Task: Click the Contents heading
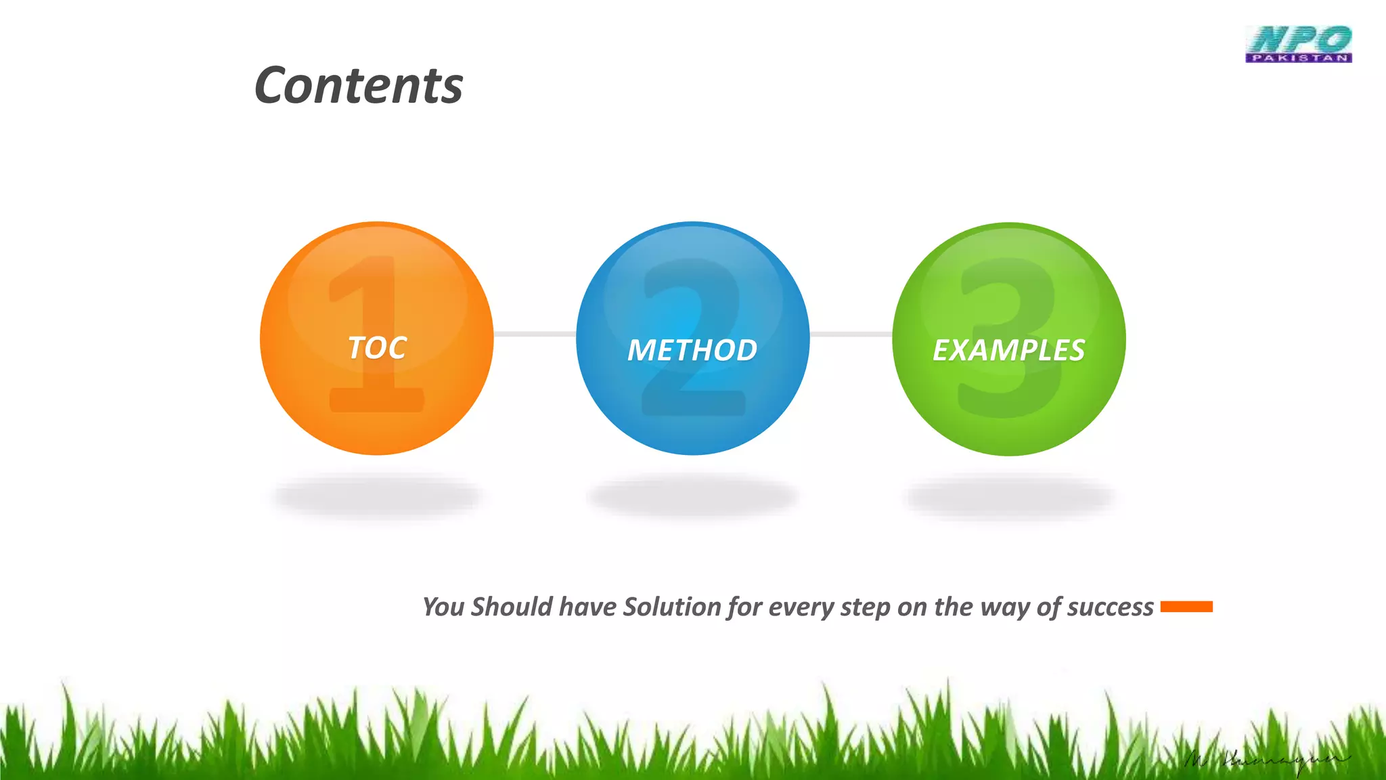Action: tap(358, 86)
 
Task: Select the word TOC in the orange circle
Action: tap(377, 348)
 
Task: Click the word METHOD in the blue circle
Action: tap(692, 350)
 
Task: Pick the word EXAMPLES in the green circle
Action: tap(1008, 350)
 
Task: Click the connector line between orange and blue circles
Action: tap(535, 334)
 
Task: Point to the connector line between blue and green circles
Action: tap(851, 334)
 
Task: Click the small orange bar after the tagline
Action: tap(1186, 607)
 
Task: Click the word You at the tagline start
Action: tap(443, 607)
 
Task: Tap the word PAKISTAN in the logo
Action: tap(1298, 58)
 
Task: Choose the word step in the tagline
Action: tap(865, 607)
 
